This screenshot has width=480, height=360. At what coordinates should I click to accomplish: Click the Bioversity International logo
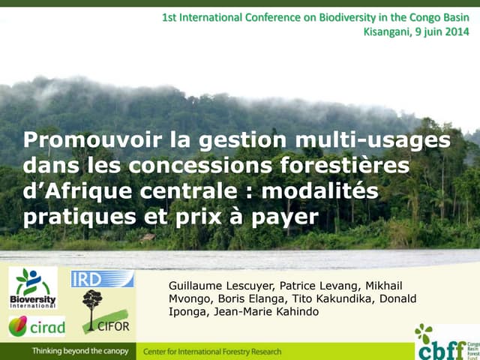[x=33, y=288]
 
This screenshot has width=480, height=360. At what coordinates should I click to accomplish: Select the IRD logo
[x=102, y=279]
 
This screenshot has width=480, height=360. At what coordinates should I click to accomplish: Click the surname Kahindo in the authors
[x=296, y=311]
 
